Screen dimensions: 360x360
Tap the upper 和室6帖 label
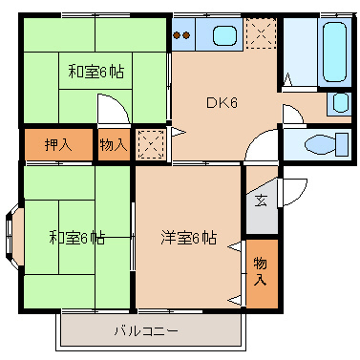(95, 71)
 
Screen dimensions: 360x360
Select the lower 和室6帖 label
(77, 238)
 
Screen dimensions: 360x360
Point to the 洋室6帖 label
(188, 238)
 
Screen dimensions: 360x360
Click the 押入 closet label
(58, 145)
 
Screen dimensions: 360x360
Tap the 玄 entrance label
(261, 201)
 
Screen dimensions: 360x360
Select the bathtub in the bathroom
(333, 52)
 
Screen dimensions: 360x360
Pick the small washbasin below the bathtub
(338, 104)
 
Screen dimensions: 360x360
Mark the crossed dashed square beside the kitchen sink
(259, 35)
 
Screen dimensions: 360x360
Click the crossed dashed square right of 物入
(150, 145)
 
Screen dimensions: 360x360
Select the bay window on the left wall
(11, 229)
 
